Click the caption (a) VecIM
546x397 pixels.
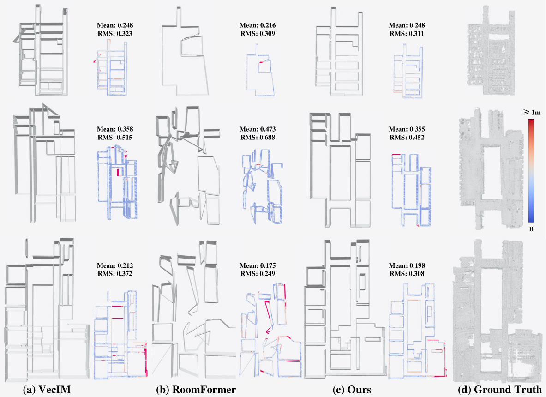[47, 389]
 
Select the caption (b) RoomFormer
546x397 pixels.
[196, 389]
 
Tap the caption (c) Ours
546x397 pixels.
[352, 389]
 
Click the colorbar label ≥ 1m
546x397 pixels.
[531, 112]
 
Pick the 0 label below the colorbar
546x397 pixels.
[531, 229]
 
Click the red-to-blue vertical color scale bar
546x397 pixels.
[531, 171]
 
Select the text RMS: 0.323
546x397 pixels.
[115, 33]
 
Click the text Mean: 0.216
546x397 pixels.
[258, 25]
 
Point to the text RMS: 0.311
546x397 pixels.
[407, 33]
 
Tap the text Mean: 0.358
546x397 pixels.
[115, 129]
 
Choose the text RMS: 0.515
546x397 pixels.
[115, 137]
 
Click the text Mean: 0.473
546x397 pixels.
[258, 129]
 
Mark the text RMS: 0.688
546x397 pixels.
[258, 137]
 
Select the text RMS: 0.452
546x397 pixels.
[407, 137]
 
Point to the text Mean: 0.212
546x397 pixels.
[115, 265]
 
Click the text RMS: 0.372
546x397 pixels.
[115, 273]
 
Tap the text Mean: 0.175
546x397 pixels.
[258, 265]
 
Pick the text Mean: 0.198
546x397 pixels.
[407, 265]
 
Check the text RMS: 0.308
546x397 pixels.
[407, 273]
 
